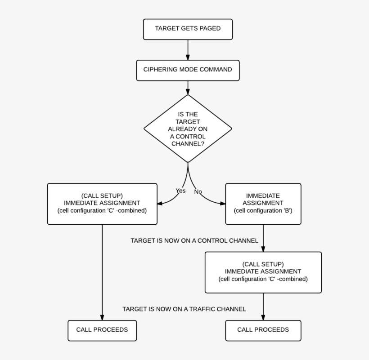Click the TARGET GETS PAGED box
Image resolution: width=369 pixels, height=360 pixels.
tap(188, 29)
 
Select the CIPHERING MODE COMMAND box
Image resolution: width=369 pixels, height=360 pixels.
tap(188, 70)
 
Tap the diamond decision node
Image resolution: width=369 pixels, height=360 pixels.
tap(188, 129)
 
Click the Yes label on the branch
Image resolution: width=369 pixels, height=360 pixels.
tap(180, 191)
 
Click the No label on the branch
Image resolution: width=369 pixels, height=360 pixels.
tap(198, 192)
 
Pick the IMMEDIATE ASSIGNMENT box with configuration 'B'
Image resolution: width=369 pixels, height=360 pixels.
tap(263, 203)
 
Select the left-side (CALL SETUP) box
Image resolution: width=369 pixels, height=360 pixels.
tap(102, 203)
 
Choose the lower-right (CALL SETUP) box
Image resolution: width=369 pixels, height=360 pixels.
tap(263, 272)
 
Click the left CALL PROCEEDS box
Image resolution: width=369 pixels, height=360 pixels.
tap(102, 330)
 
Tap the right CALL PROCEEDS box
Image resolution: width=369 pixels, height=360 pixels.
tap(263, 330)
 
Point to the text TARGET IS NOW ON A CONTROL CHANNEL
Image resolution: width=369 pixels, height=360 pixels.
tap(194, 241)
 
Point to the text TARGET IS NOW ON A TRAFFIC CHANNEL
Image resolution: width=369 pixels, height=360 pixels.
tap(184, 309)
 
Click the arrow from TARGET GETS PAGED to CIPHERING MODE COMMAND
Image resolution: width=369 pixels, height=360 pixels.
tap(188, 49)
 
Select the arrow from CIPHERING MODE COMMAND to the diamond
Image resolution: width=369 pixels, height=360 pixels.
tap(188, 88)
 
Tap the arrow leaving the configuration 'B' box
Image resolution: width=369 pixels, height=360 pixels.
tap(263, 238)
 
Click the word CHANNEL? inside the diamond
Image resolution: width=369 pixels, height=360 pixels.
tap(188, 144)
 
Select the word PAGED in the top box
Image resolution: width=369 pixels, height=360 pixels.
tap(209, 29)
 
